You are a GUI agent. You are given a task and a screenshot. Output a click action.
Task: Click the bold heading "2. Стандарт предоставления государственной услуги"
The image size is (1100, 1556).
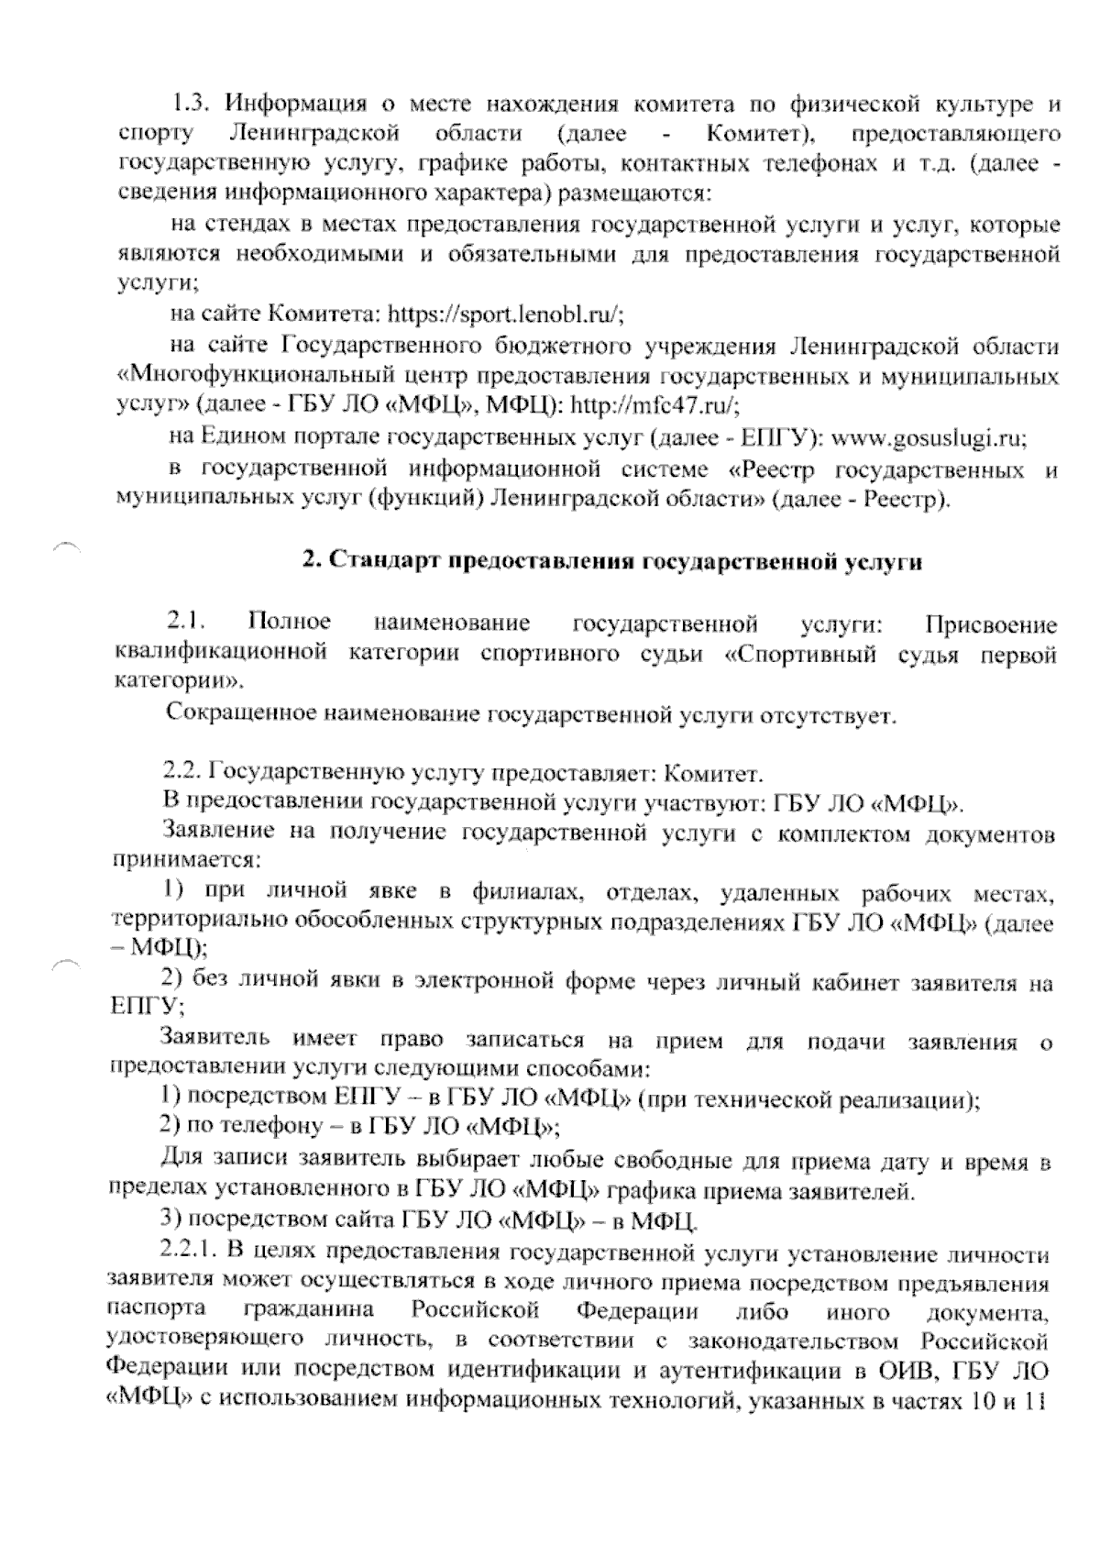coord(612,563)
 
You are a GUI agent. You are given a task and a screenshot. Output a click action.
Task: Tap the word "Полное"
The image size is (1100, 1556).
coord(290,624)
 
